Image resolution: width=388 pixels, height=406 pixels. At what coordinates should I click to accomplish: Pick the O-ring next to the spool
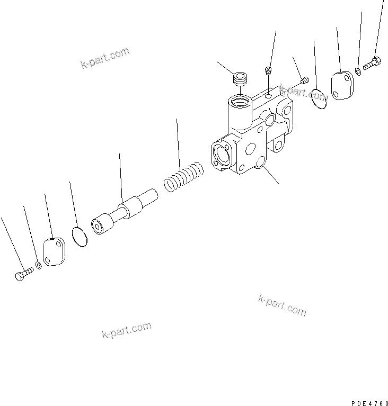pyautogui.click(x=79, y=237)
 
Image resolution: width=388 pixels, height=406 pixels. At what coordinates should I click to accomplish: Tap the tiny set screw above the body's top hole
pyautogui.click(x=269, y=70)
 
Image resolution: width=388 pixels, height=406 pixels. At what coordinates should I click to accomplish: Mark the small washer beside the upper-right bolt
pyautogui.click(x=359, y=70)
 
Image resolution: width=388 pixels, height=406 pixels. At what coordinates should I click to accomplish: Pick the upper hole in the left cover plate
pyautogui.click(x=57, y=246)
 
